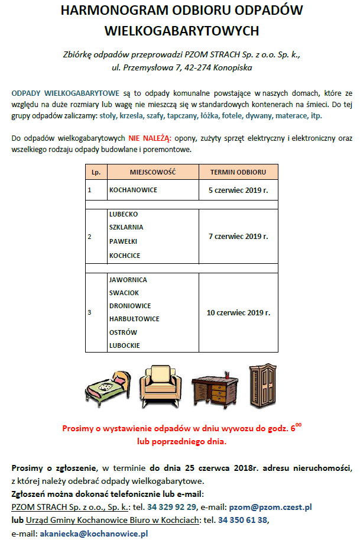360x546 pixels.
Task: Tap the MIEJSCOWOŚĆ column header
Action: (x=154, y=172)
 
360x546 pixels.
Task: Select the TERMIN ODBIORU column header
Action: (x=238, y=172)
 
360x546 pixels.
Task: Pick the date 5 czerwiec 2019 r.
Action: (x=238, y=190)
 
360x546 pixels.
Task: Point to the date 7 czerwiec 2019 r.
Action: (x=238, y=236)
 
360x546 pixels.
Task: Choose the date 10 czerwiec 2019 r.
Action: (x=238, y=312)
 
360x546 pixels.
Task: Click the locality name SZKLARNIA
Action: (x=127, y=227)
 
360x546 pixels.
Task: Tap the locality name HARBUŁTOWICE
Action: (x=134, y=319)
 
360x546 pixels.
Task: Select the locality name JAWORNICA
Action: (x=128, y=280)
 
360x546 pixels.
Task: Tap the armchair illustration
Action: (x=161, y=385)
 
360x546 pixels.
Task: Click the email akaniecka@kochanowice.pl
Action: (x=93, y=533)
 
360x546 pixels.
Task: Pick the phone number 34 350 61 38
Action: (x=244, y=520)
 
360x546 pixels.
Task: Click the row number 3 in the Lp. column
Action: (x=89, y=312)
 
